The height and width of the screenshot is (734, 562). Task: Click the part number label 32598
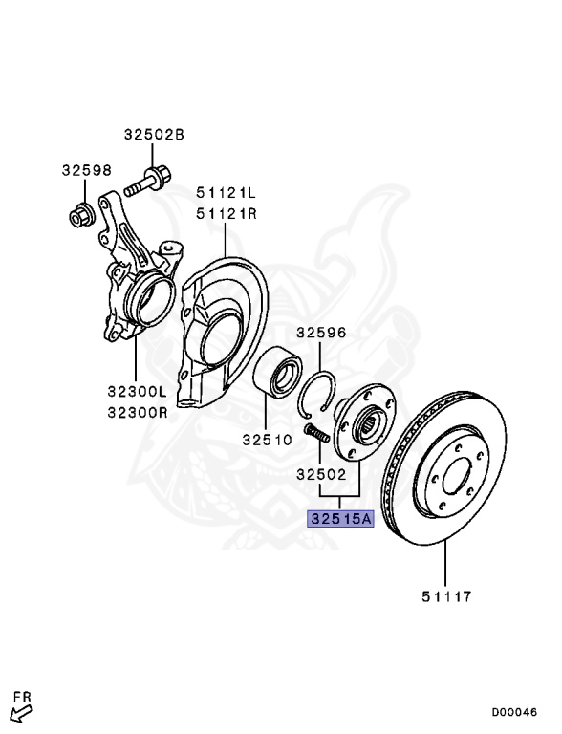tap(87, 171)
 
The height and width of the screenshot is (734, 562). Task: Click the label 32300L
tap(136, 391)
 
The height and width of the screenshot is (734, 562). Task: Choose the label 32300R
tap(136, 413)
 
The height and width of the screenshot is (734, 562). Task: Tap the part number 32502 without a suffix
tap(320, 473)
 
